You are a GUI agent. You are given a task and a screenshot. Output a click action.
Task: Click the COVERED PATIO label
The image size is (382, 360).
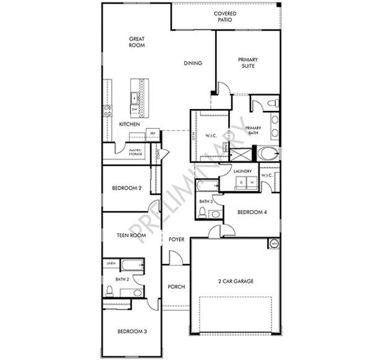point(225,16)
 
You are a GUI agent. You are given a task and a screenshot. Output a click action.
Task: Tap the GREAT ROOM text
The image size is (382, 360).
point(137,42)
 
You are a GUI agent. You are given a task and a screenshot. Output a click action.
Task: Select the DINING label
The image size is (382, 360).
point(193,63)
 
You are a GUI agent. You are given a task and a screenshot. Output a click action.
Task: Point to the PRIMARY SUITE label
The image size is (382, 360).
point(248,62)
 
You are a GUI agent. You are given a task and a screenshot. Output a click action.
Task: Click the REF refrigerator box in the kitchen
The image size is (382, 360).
point(153,133)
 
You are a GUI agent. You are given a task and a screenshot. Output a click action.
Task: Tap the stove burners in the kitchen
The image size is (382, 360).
point(108,110)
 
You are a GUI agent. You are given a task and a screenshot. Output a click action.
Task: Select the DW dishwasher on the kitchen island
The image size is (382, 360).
point(135,109)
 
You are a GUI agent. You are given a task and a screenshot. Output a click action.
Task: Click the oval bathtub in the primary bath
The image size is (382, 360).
point(268,152)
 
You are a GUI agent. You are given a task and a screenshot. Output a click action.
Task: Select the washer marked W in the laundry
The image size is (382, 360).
point(252,181)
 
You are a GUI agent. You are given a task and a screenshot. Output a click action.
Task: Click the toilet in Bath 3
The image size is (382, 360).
point(202,212)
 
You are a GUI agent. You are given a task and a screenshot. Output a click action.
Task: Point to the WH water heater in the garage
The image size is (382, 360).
point(274,244)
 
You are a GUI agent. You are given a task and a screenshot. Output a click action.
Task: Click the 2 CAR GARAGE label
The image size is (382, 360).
point(235,281)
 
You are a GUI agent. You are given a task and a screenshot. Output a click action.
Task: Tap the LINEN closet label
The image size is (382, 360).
point(111,263)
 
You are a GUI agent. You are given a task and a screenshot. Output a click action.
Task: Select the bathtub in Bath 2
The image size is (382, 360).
point(131,265)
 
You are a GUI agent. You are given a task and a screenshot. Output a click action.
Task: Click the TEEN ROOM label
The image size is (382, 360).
point(130,236)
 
